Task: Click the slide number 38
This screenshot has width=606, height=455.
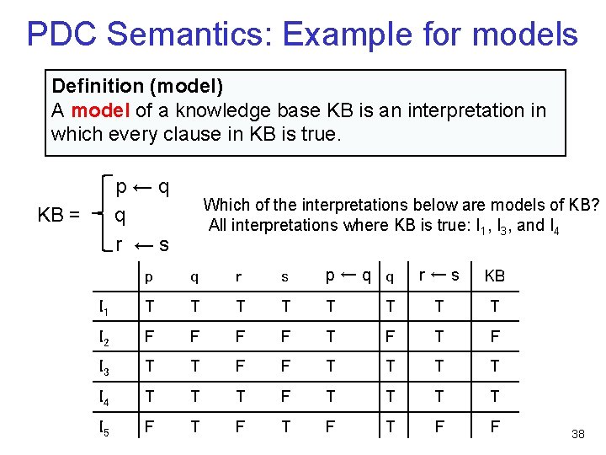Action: [577, 434]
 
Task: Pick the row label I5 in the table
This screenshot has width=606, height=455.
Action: [103, 427]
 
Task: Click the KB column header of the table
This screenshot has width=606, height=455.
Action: [494, 276]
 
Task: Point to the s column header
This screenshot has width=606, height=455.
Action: [284, 276]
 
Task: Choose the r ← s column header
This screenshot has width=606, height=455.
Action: [439, 274]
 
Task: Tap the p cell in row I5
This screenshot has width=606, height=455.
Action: [150, 427]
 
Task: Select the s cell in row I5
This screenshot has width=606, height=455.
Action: [285, 427]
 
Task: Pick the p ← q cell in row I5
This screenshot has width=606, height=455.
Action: [331, 427]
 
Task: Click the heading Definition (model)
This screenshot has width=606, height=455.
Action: [137, 86]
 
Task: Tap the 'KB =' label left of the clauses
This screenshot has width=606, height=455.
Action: [59, 215]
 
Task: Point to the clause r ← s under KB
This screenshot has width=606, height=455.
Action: [142, 244]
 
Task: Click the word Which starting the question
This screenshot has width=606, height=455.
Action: [226, 205]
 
